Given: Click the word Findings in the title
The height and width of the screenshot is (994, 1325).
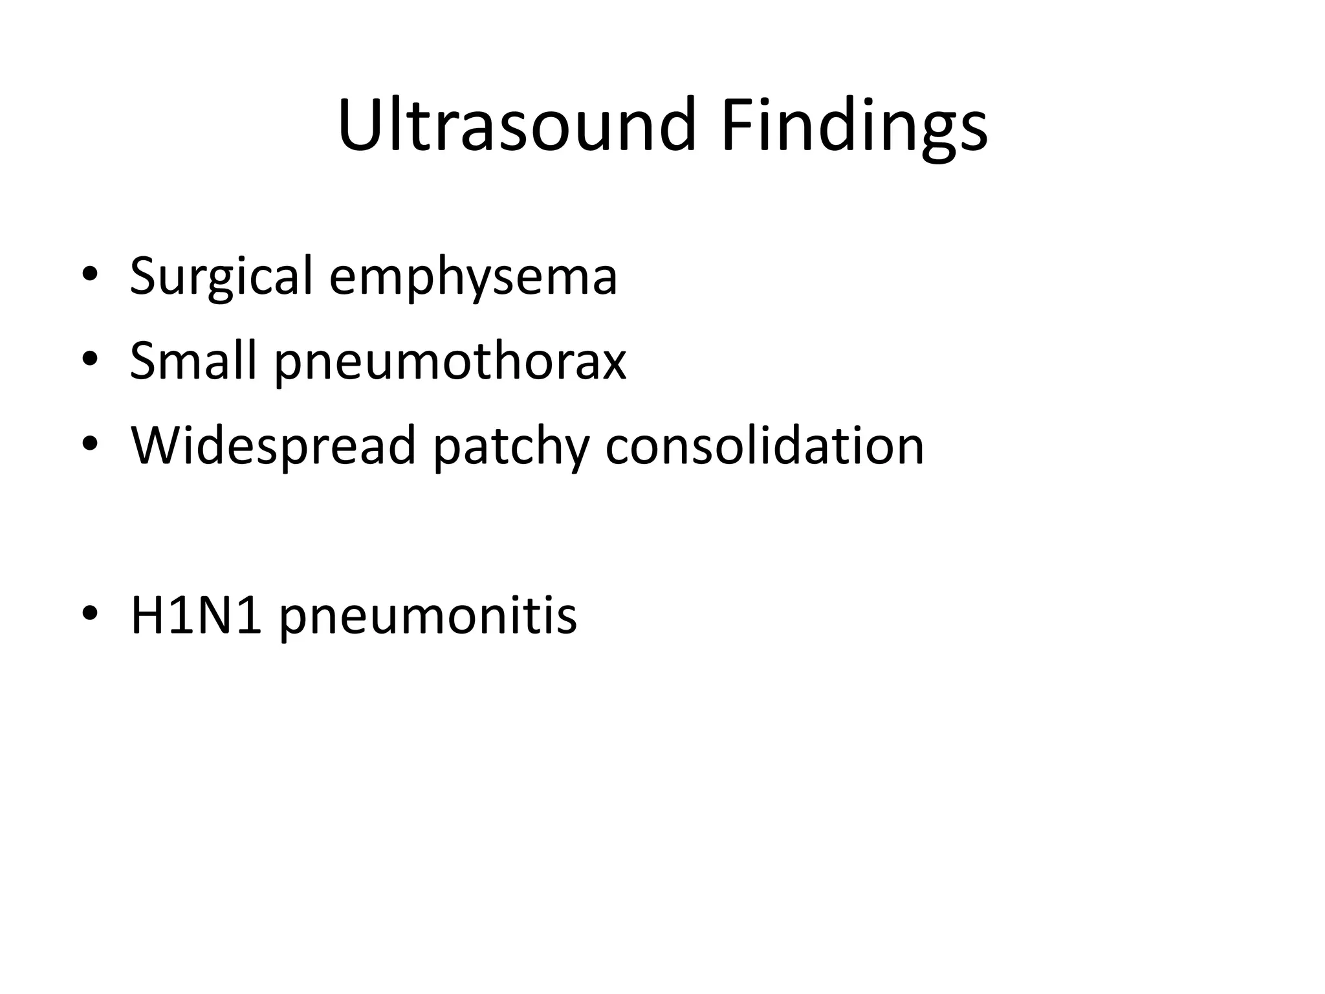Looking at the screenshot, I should click(854, 126).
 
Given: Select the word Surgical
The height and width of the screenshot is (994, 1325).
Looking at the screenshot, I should click(221, 276).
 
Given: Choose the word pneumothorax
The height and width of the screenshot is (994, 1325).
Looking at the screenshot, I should click(450, 362).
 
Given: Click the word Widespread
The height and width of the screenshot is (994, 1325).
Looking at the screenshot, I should click(272, 446).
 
